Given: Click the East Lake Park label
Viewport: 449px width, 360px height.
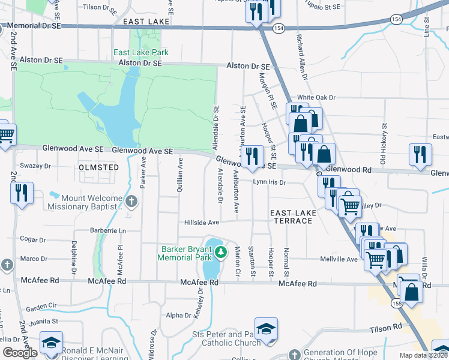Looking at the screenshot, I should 140,52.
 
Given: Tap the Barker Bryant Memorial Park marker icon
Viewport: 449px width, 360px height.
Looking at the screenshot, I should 221,252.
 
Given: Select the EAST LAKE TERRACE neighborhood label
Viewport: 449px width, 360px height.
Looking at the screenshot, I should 291,217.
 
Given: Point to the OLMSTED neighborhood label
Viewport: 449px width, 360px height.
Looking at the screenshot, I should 98,167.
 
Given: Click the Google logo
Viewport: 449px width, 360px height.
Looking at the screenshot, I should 20,353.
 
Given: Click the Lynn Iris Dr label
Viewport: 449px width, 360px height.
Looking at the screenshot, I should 268,182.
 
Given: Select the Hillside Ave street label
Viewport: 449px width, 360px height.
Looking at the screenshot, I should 201,222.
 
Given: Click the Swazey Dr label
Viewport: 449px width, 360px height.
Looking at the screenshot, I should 35,166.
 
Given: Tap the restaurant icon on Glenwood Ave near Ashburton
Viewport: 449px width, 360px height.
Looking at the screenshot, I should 253,155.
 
